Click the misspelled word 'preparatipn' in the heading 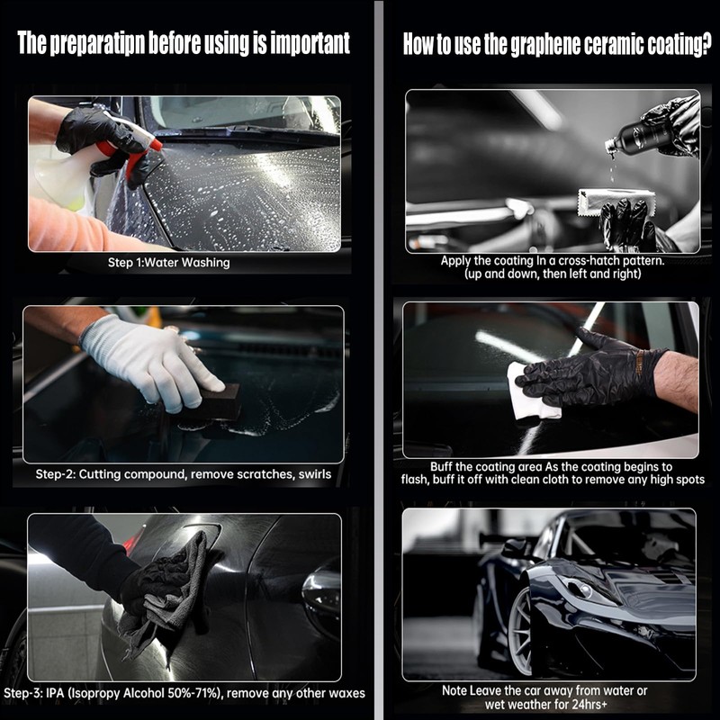tap(97, 43)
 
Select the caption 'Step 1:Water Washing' tap(168, 263)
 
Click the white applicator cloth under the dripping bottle tap(616, 201)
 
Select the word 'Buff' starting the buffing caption tap(441, 467)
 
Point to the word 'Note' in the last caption tap(454, 690)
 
